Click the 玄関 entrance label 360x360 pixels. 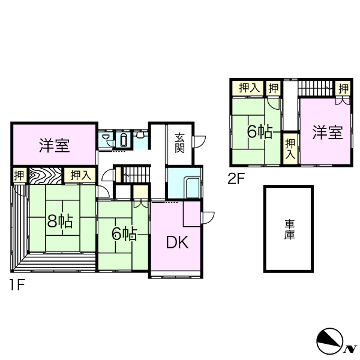pos(179,143)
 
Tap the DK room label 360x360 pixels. pos(177,242)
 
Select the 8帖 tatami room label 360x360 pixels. pos(60,221)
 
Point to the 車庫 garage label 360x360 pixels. pos(289,230)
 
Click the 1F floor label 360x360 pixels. pos(17,285)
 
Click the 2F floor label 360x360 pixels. pos(236,178)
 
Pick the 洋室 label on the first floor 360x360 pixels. pos(55,145)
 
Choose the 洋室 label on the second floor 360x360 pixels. pos(328,132)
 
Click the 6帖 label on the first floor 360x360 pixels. pos(124,234)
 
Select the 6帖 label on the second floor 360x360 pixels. pos(260,132)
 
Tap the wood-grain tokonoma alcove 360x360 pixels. pos(46,176)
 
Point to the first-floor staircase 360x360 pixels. pos(136,175)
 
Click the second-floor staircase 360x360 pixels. pos(316,88)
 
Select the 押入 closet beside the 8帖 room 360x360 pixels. pos(79,175)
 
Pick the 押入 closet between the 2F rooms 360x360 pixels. pos(290,149)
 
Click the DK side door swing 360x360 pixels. pos(208,218)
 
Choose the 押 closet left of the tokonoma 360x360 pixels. pos(20,176)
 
